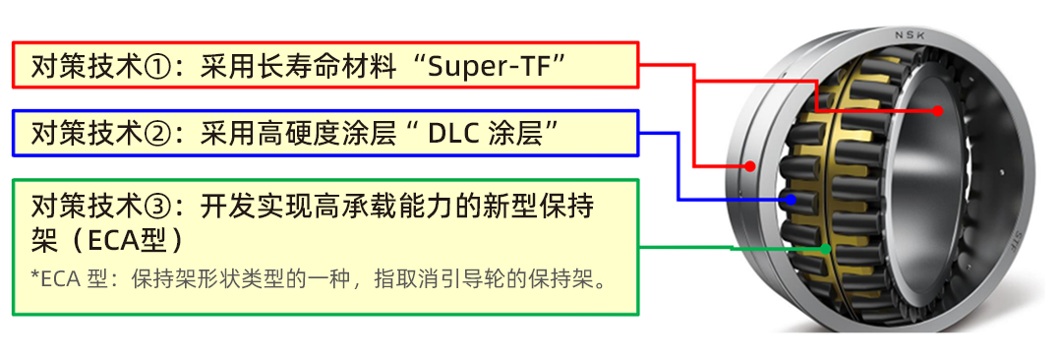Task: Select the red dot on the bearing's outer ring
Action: click(x=750, y=166)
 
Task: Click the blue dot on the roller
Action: click(x=790, y=200)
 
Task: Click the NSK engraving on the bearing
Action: click(x=910, y=36)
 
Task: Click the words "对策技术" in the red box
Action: click(x=87, y=67)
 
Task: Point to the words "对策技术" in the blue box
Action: click(x=87, y=133)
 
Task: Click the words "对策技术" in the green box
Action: click(x=87, y=207)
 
